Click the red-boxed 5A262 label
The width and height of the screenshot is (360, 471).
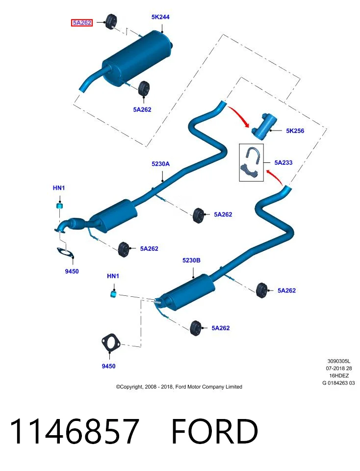tap(82, 23)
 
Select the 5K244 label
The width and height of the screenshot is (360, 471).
tap(160, 17)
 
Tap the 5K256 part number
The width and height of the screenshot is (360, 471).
tap(295, 131)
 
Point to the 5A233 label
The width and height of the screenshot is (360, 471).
tap(283, 162)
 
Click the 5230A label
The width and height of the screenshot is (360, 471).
tap(161, 164)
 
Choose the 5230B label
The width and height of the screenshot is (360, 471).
tap(192, 260)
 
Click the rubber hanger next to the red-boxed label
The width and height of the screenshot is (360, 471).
tap(112, 22)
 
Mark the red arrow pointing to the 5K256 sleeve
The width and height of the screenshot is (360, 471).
tap(239, 116)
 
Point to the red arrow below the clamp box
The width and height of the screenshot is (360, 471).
tap(275, 177)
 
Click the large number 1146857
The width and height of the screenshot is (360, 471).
tap(75, 431)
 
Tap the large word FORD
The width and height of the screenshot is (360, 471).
tap(215, 431)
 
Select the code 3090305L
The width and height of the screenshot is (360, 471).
tap(339, 361)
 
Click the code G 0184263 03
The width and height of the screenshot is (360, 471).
tap(338, 383)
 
